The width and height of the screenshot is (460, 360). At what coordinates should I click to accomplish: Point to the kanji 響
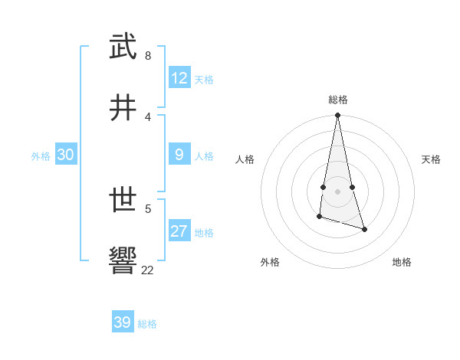click(123, 260)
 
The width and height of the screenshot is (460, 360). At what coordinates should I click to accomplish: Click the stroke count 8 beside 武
click(148, 55)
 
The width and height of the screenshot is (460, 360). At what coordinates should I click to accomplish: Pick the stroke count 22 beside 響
click(148, 270)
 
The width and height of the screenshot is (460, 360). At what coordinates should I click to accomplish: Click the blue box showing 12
click(179, 78)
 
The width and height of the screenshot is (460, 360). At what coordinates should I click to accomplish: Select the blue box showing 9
click(179, 155)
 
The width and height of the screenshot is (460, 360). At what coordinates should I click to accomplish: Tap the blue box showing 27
click(179, 231)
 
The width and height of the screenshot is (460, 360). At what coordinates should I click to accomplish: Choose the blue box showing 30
click(66, 155)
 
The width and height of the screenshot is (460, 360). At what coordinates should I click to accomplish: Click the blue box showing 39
click(123, 322)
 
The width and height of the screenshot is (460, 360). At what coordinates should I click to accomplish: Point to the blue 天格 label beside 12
click(204, 80)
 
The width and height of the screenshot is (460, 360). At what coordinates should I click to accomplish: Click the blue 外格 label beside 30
click(41, 156)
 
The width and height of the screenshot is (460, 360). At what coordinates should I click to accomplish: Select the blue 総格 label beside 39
click(147, 324)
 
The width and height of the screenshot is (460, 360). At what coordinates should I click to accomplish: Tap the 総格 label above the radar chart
click(338, 100)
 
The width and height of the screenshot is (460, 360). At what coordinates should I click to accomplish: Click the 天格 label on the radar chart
click(432, 159)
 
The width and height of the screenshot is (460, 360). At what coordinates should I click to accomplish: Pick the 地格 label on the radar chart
click(402, 262)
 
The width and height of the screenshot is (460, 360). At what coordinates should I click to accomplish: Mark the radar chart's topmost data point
click(337, 116)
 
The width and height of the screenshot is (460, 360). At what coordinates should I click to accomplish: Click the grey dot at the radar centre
click(337, 191)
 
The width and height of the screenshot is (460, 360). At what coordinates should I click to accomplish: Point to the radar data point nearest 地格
click(365, 229)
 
